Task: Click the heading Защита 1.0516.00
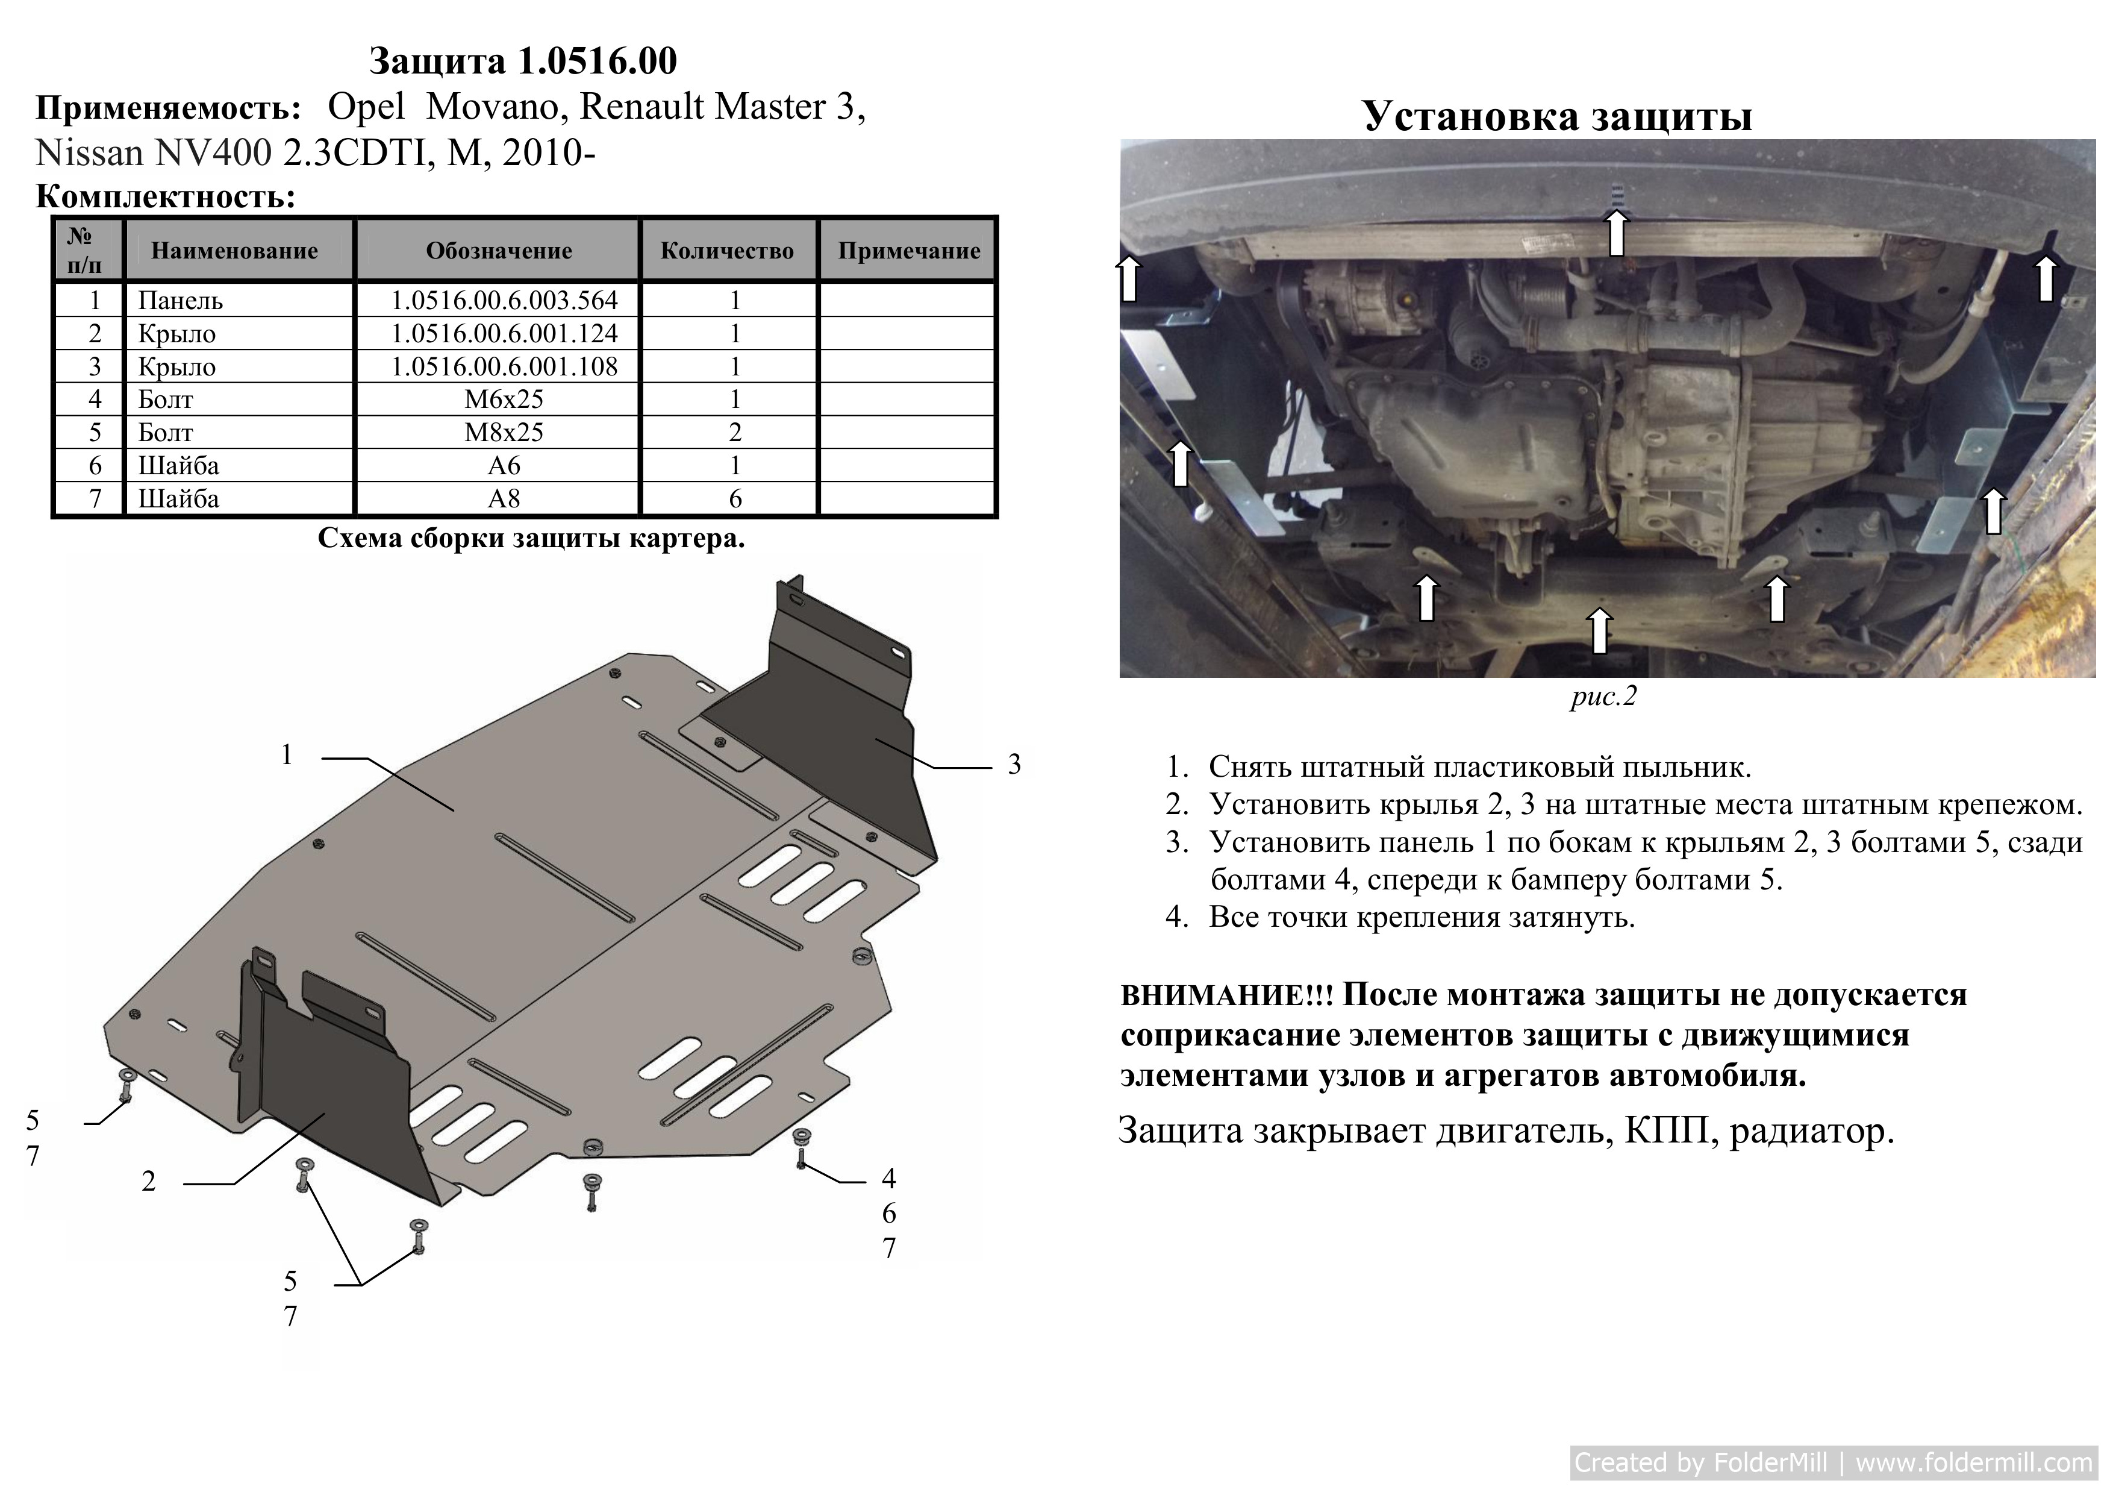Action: pos(523,61)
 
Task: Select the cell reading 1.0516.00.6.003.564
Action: pos(504,300)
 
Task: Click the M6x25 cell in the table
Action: pos(504,400)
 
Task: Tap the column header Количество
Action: pos(727,251)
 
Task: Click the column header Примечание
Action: pos(910,251)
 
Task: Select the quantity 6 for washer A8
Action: pos(735,499)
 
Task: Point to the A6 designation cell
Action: pos(504,466)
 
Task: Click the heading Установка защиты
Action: pos(1557,116)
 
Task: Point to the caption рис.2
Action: pos(1604,697)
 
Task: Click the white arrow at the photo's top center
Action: pos(1616,232)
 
